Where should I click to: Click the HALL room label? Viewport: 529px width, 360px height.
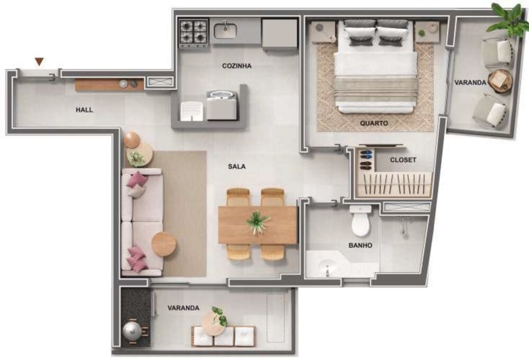tap(84, 110)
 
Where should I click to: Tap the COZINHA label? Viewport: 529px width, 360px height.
tap(236, 66)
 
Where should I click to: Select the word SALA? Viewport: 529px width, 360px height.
tap(236, 166)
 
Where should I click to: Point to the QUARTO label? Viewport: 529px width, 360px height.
tap(374, 123)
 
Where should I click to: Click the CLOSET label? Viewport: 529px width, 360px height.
tap(403, 160)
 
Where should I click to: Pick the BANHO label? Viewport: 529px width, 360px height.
tap(360, 245)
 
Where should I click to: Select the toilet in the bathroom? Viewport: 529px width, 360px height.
tap(361, 221)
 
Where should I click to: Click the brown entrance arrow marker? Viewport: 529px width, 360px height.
tap(39, 62)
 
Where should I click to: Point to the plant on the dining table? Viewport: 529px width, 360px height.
tap(258, 221)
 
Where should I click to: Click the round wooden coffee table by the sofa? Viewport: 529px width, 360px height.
tap(164, 244)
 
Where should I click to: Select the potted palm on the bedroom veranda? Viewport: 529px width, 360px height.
tap(508, 20)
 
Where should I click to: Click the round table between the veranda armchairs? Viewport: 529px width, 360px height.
tap(500, 81)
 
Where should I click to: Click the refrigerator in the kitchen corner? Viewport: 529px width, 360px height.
tap(279, 33)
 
